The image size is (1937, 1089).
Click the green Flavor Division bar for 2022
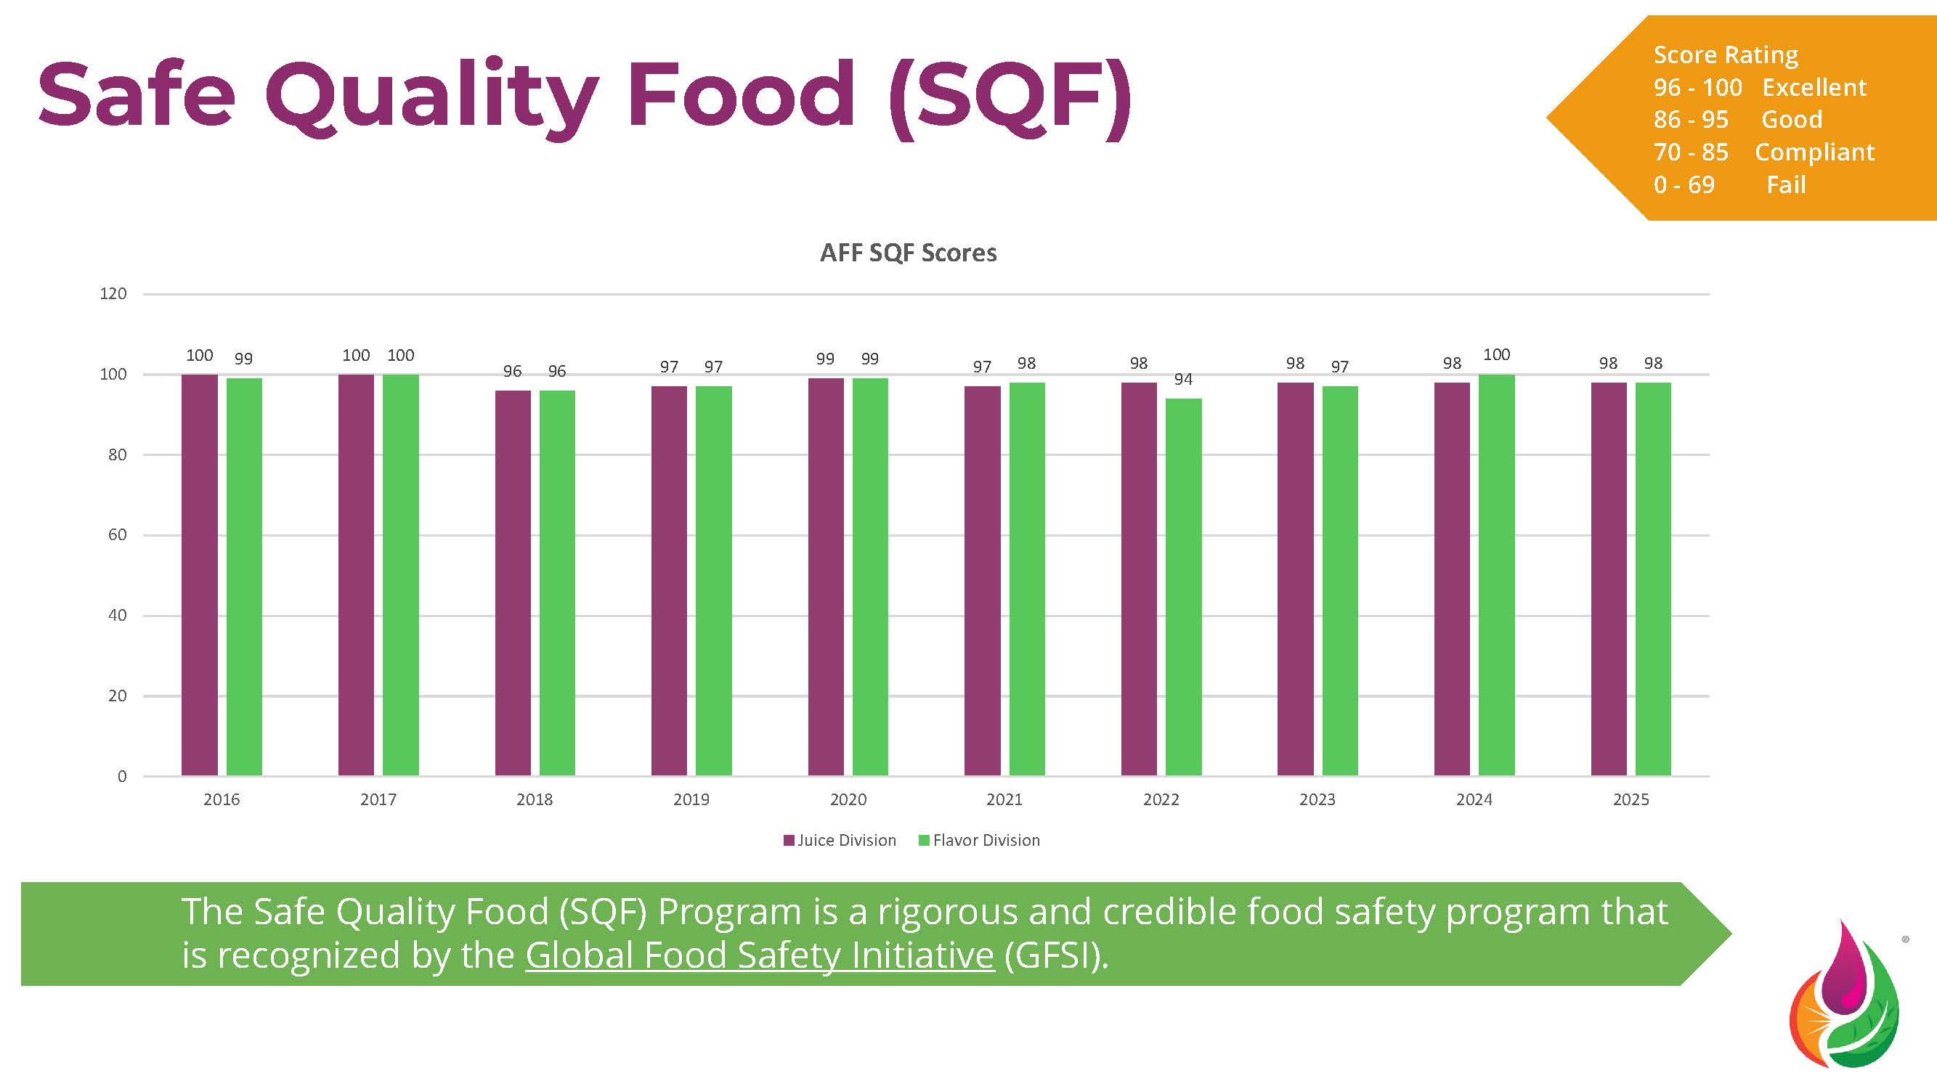coord(1184,586)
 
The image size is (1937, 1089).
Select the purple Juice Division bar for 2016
coord(199,575)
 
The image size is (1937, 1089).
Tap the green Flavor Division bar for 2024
coord(1496,575)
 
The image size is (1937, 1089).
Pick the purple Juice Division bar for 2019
coord(669,580)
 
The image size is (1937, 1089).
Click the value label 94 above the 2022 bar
coord(1184,380)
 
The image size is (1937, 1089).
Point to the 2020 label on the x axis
coord(848,799)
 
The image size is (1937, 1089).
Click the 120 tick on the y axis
coord(113,294)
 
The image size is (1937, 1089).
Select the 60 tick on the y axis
coord(118,535)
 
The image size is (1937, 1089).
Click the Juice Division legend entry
coord(840,840)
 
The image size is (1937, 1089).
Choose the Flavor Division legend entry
coord(980,840)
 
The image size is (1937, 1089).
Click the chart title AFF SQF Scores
coord(909,253)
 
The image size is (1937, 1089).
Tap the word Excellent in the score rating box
coord(1814,88)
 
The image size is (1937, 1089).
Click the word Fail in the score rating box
coord(1786,185)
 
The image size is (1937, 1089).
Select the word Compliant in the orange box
coord(1814,152)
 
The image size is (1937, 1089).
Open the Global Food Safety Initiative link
coord(760,955)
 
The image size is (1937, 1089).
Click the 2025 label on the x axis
coord(1631,799)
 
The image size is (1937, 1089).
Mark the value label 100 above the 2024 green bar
coord(1496,355)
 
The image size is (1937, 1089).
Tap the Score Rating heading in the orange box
coord(1726,55)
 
